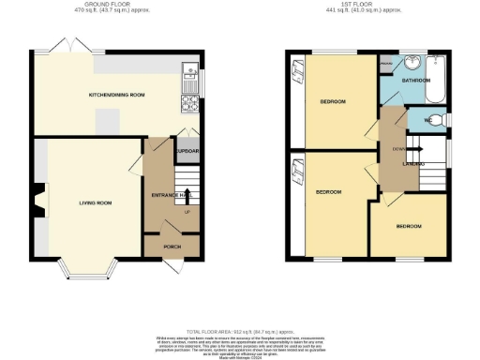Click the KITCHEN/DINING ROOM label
pyautogui.click(x=116, y=95)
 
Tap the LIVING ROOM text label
pyautogui.click(x=95, y=202)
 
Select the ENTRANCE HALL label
pyautogui.click(x=165, y=194)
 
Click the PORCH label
pyautogui.click(x=172, y=247)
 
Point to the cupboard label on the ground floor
pyautogui.click(x=188, y=150)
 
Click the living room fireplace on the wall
pyautogui.click(x=35, y=198)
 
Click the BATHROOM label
pyautogui.click(x=415, y=81)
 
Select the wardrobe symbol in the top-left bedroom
pyautogui.click(x=297, y=69)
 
